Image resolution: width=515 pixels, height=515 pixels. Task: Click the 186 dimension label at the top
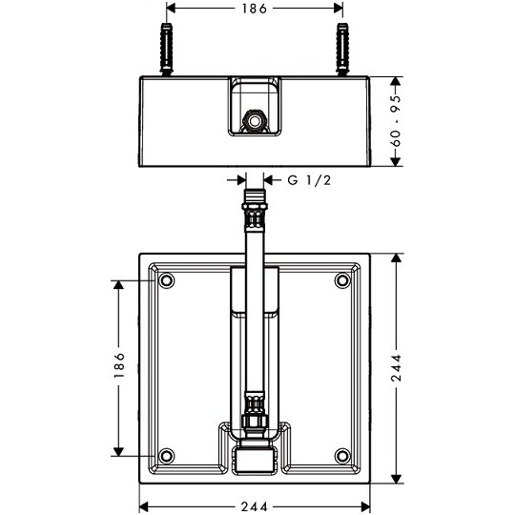(255, 9)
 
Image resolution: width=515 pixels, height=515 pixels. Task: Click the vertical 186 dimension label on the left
(119, 365)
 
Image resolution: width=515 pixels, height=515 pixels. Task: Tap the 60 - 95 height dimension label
(396, 121)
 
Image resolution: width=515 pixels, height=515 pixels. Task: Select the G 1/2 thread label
(309, 180)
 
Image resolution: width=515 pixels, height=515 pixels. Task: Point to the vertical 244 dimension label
(396, 367)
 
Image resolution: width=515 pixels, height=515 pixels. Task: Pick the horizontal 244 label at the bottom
(255, 506)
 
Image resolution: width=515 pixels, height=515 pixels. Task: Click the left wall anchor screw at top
(167, 50)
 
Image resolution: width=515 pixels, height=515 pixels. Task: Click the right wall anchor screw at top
(342, 50)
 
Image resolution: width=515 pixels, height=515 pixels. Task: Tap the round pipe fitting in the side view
(255, 121)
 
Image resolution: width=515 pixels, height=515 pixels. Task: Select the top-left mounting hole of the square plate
(167, 280)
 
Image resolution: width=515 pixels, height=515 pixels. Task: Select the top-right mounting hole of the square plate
(342, 280)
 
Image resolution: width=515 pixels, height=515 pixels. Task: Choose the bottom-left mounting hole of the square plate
(167, 456)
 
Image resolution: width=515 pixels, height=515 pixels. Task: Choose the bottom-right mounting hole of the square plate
(342, 456)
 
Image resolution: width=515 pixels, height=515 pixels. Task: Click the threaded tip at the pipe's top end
(255, 196)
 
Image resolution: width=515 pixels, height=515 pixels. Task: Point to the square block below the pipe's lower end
(255, 461)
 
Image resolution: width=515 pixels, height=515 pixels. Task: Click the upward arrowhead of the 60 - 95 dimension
(396, 82)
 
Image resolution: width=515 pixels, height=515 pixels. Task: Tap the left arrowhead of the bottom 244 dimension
(145, 506)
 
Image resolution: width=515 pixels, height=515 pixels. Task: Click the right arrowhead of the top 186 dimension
(338, 9)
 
